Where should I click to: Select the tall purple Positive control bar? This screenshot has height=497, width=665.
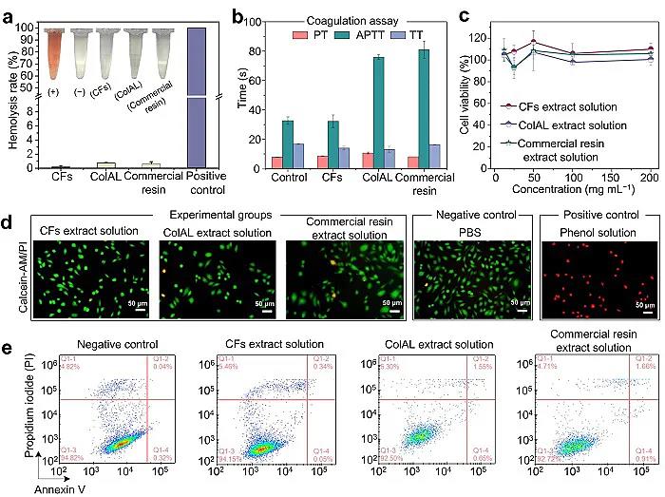197,95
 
